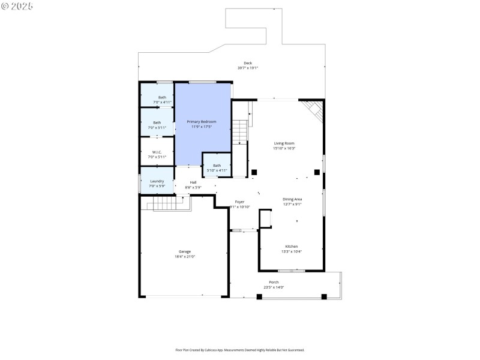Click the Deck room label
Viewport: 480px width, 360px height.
click(247, 63)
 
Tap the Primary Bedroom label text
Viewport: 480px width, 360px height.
click(201, 122)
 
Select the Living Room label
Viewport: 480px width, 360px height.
click(284, 143)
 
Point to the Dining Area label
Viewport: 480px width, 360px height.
click(292, 199)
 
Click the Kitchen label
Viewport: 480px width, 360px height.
click(291, 246)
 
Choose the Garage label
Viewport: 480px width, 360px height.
click(184, 251)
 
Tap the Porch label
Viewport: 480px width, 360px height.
click(274, 282)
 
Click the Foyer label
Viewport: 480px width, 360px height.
click(239, 202)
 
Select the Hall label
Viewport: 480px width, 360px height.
click(193, 182)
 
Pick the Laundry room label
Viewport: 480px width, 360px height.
click(157, 181)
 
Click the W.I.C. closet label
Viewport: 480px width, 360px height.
click(157, 152)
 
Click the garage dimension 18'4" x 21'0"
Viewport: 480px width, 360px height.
click(184, 257)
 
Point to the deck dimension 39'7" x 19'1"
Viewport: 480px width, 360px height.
click(247, 68)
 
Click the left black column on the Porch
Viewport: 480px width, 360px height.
click(259, 296)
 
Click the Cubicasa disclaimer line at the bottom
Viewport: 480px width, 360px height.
click(239, 350)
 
